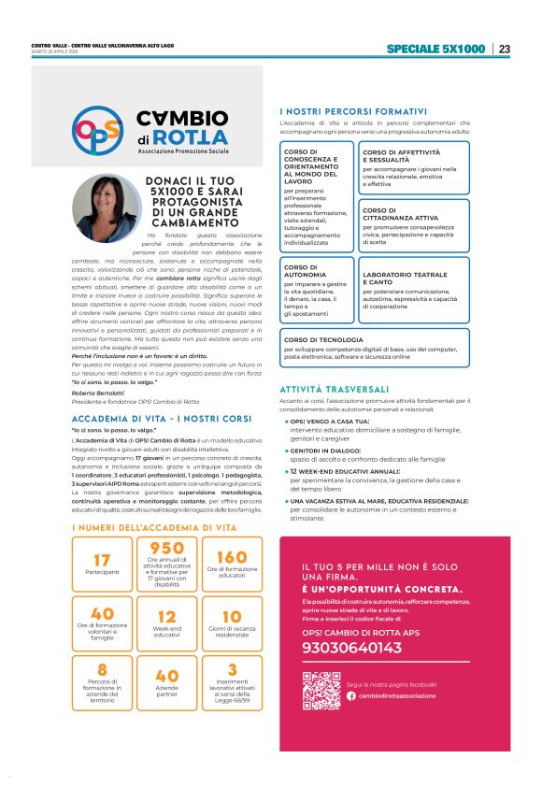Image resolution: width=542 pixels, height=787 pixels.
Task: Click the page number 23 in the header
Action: [505, 49]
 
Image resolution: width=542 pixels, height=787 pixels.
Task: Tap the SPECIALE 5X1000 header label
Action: [435, 49]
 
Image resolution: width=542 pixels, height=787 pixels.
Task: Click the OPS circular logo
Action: [97, 130]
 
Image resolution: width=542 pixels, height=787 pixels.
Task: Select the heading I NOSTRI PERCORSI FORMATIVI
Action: [353, 111]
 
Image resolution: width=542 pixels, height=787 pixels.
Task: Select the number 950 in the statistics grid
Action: [166, 548]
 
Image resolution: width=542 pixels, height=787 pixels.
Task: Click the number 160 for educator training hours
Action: [231, 557]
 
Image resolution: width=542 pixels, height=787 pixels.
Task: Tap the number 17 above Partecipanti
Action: [102, 560]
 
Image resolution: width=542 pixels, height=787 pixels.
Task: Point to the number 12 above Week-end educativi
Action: [166, 617]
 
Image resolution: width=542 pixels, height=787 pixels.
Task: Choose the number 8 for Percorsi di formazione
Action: [102, 668]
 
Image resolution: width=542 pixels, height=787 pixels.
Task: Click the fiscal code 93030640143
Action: [353, 648]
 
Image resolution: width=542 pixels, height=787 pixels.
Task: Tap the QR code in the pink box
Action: [321, 691]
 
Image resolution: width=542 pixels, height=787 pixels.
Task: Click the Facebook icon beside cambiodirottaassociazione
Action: [351, 695]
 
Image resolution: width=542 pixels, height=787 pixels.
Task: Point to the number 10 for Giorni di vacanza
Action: [231, 617]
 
